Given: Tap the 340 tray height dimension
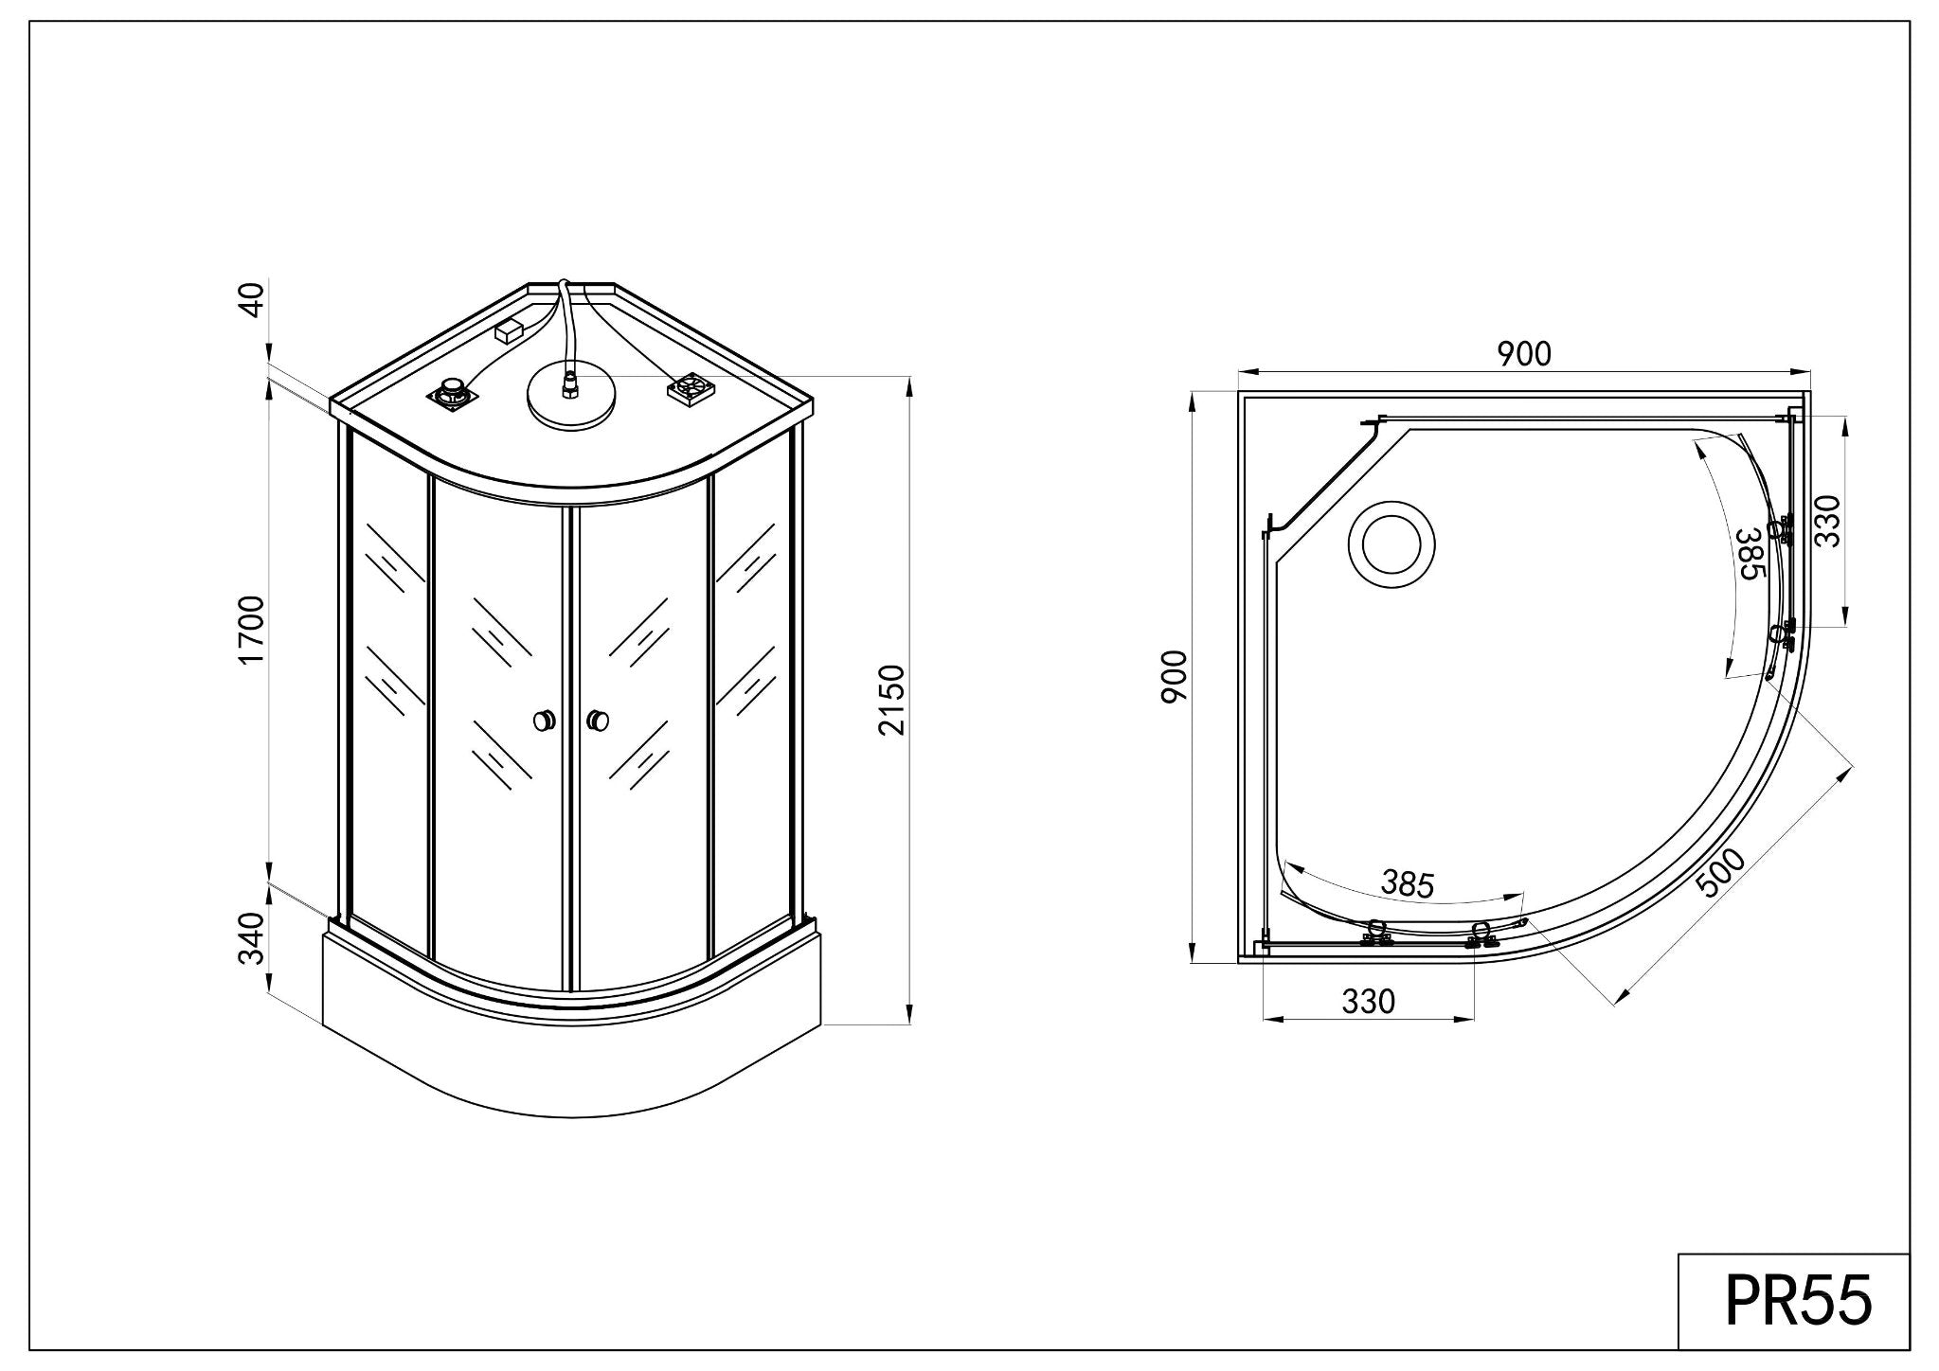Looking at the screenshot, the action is tap(252, 938).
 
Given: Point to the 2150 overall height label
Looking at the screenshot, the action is tap(891, 700).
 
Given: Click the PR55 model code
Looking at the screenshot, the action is tap(1798, 1301).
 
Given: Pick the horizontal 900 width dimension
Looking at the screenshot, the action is tap(1524, 354).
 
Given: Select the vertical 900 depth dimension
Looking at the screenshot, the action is tap(1175, 677).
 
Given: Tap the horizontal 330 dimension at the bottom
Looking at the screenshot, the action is tap(1369, 1001).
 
